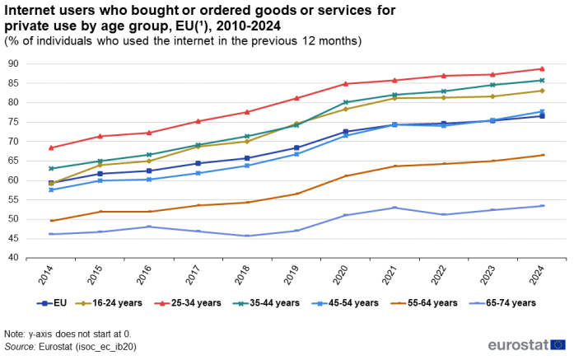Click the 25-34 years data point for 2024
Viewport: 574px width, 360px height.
click(x=542, y=69)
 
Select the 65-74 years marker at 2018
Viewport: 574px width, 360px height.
click(x=246, y=236)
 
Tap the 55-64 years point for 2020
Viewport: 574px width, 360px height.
click(x=345, y=175)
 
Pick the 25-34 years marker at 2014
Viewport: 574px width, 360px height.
click(x=51, y=147)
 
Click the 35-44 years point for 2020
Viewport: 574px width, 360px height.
click(x=345, y=102)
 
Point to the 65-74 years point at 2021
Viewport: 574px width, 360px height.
click(x=394, y=208)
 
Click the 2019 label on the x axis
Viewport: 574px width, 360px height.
click(x=296, y=275)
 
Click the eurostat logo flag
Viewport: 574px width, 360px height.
click(x=559, y=345)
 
